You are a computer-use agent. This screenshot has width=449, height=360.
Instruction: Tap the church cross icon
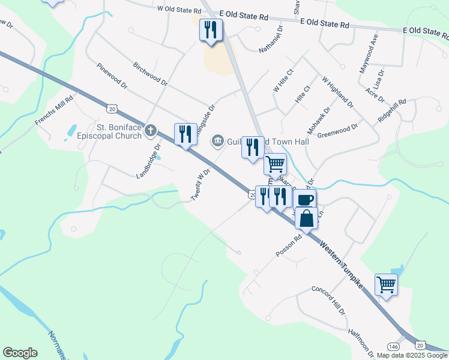[x=150, y=130]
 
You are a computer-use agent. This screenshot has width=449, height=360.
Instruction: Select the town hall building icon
[x=217, y=142]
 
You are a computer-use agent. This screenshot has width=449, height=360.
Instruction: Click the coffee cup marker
[x=306, y=199]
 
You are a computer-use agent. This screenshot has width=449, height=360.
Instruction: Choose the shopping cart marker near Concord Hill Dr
[x=386, y=284]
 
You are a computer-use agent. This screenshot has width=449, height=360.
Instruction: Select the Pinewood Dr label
[x=112, y=76]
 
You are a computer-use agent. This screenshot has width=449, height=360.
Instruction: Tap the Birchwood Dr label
[x=150, y=73]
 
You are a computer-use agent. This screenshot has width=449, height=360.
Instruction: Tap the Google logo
[x=20, y=353]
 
